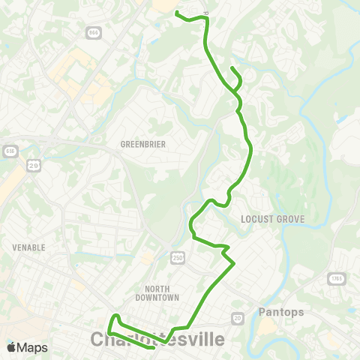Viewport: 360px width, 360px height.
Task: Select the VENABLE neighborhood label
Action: pos(29,247)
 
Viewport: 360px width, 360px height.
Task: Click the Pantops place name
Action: pos(279,310)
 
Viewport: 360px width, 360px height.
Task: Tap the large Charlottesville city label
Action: pos(157,340)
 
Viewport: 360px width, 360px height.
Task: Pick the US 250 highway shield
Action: pos(177,257)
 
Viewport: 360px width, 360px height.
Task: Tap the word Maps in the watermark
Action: pos(32,347)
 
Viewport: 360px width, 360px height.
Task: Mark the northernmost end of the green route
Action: pos(176,13)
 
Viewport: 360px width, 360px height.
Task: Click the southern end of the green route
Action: pos(153,348)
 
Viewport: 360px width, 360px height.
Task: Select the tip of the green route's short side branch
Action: pos(232,69)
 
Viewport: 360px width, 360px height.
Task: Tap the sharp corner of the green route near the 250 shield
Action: pos(235,263)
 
